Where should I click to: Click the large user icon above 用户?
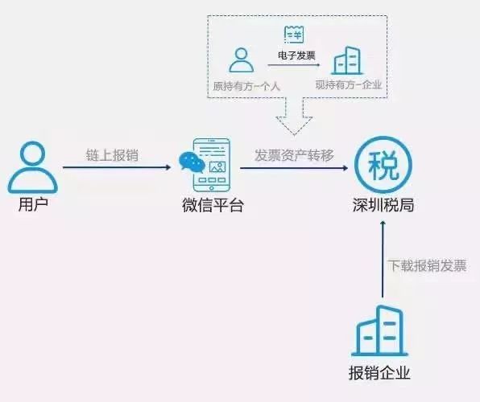tap(32, 167)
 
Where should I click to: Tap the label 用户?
tap(33, 204)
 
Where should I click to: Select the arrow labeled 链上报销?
tap(117, 167)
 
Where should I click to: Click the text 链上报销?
tap(112, 155)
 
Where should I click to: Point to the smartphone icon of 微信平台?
tap(212, 165)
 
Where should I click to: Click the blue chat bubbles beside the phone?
tap(192, 162)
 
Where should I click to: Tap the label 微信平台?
tap(213, 205)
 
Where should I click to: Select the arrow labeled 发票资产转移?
tap(294, 168)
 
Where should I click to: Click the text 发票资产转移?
tap(294, 155)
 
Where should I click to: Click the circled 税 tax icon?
tap(383, 165)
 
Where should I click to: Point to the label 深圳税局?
tap(383, 204)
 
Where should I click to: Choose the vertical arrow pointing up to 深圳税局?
tap(383, 259)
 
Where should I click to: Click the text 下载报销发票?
tap(428, 265)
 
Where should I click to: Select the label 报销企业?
tap(379, 373)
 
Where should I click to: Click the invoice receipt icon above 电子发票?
tap(294, 35)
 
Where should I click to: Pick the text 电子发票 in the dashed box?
tap(296, 55)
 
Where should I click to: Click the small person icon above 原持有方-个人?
tap(242, 60)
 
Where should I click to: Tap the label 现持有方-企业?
tap(349, 84)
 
